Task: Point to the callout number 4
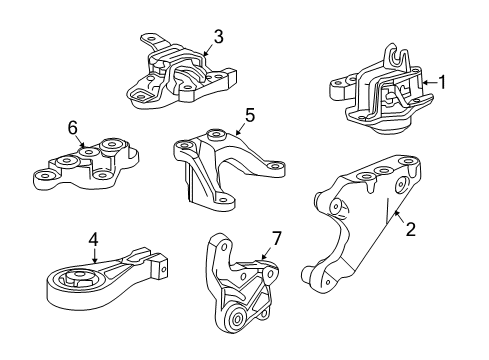pyautogui.click(x=92, y=240)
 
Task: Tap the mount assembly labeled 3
pyautogui.click(x=180, y=78)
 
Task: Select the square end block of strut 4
pyautogui.click(x=156, y=269)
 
